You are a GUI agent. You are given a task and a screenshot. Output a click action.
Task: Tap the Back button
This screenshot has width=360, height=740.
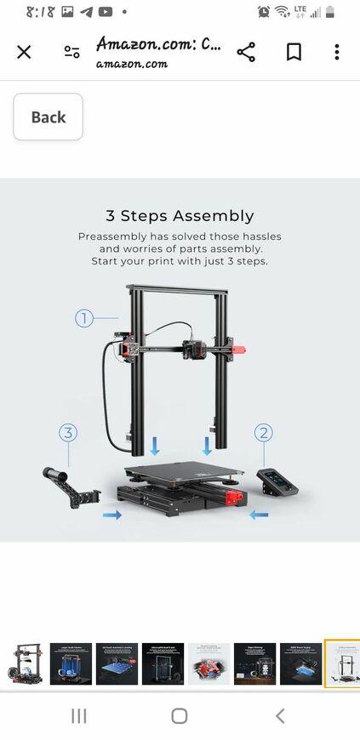(x=48, y=117)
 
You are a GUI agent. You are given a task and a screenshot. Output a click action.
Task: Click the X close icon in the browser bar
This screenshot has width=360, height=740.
(x=24, y=52)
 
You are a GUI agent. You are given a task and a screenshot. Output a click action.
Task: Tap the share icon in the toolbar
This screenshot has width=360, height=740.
(x=246, y=52)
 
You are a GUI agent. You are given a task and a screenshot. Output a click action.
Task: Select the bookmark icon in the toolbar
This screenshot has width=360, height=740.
(x=294, y=52)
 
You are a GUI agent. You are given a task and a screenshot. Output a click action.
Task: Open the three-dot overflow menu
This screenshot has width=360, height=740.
(x=336, y=52)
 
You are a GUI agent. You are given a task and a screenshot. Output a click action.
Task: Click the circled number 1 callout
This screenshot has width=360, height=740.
(x=83, y=319)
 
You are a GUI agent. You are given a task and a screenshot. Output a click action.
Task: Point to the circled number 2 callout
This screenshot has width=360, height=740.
(x=264, y=433)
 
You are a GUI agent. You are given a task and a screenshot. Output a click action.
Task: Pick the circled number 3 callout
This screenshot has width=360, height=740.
(x=68, y=433)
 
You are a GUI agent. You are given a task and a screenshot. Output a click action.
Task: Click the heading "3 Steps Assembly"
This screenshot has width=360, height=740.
(x=180, y=216)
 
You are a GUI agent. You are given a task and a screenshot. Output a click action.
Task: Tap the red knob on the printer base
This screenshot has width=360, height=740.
(x=231, y=497)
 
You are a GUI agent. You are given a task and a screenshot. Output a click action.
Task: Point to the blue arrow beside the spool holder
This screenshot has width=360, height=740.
(x=111, y=515)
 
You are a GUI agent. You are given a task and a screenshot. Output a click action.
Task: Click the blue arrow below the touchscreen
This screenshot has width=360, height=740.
(x=261, y=515)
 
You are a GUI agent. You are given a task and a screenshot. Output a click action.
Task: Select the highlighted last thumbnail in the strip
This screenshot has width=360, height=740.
(x=342, y=664)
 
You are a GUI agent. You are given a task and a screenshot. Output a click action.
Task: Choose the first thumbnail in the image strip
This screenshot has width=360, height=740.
(x=24, y=664)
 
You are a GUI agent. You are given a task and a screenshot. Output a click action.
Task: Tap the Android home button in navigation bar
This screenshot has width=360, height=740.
(x=179, y=715)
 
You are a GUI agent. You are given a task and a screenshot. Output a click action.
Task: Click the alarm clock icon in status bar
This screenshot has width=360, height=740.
(x=265, y=12)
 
